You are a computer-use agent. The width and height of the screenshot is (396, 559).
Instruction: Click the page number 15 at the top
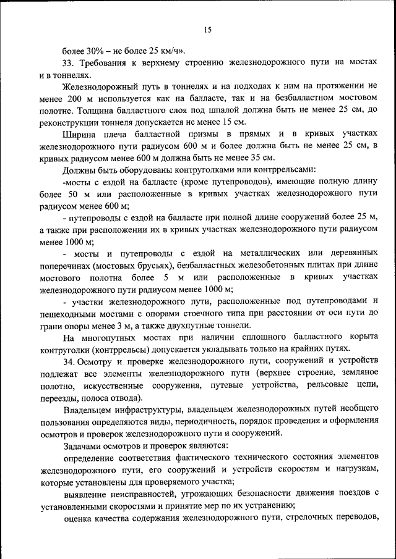[x=207, y=30]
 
